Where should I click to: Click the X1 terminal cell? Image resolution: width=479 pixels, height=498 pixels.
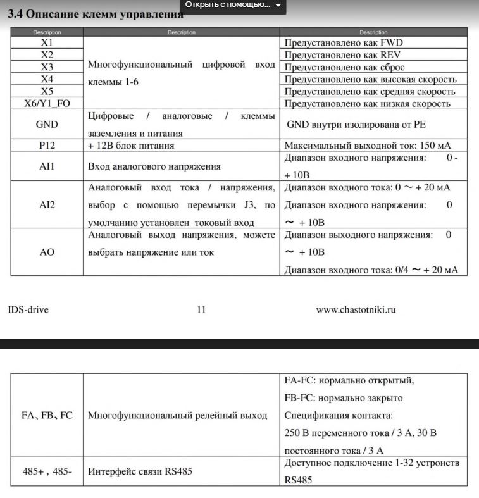(x=47, y=42)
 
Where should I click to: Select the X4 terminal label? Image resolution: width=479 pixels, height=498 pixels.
(x=47, y=79)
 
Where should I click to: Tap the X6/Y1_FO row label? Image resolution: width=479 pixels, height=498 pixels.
(x=47, y=103)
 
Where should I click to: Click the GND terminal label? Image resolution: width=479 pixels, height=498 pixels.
(x=47, y=125)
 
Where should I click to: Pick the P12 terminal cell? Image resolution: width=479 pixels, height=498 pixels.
(x=47, y=146)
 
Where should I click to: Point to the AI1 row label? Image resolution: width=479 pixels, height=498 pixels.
(x=47, y=166)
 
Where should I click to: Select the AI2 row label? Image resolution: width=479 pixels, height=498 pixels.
(x=47, y=205)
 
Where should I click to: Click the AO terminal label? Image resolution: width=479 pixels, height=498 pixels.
(x=47, y=252)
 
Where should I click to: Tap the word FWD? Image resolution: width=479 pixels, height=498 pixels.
(x=392, y=43)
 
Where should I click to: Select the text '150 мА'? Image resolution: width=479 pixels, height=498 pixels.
(x=434, y=146)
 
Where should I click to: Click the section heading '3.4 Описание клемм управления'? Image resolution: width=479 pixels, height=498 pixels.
(x=95, y=15)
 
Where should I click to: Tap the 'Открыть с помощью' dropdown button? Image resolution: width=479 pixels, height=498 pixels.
(x=233, y=5)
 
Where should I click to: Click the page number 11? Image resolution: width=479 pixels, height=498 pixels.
(x=201, y=309)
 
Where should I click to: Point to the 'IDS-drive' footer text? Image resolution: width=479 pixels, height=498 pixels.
(x=28, y=309)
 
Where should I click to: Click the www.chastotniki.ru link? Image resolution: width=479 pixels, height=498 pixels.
(x=356, y=309)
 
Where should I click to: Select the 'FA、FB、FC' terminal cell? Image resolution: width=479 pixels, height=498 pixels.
(x=47, y=416)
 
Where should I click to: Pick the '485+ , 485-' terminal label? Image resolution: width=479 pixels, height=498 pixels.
(x=47, y=471)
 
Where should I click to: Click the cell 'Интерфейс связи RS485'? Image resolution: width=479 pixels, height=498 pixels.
(x=140, y=471)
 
